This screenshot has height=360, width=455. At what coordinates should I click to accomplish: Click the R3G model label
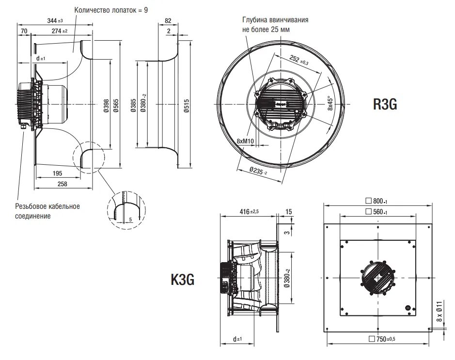coord(385,104)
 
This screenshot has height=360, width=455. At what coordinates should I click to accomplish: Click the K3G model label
coord(183,280)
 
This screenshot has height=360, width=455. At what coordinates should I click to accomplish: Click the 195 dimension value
coord(57,173)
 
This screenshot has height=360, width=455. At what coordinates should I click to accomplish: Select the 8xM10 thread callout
coord(245,141)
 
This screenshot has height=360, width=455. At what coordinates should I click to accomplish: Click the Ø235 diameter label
coord(258,171)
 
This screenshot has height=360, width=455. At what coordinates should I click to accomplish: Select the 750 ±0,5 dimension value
coord(383,339)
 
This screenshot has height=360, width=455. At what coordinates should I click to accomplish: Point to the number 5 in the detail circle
coord(130,219)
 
